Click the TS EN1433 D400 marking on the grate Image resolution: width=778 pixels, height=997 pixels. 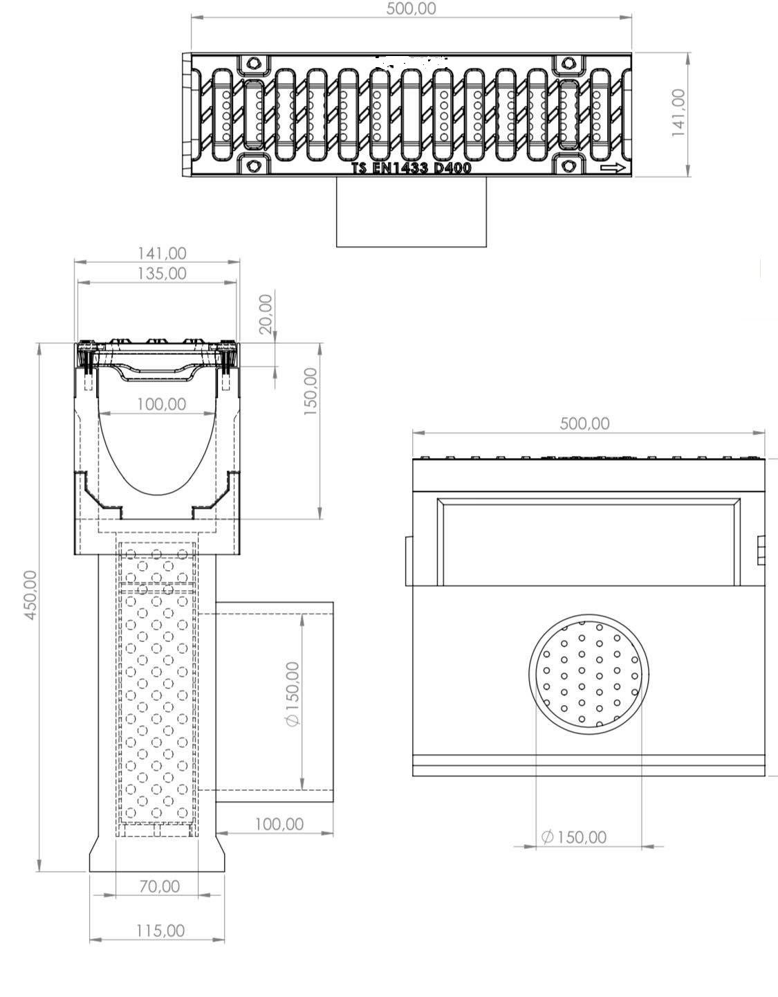click(x=411, y=168)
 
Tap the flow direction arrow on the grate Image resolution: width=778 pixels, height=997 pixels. click(x=613, y=168)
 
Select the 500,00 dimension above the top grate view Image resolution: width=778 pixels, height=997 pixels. click(x=411, y=9)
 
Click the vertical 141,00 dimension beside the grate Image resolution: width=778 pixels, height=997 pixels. click(x=678, y=112)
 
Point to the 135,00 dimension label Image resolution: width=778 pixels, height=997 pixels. click(x=160, y=273)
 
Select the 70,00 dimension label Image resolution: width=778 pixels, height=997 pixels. click(x=160, y=886)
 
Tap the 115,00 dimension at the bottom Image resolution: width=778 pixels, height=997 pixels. click(x=160, y=931)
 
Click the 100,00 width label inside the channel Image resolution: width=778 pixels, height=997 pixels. click(x=161, y=403)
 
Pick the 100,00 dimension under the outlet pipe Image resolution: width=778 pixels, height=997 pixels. click(x=279, y=824)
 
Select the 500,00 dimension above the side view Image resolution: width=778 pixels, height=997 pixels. click(x=584, y=423)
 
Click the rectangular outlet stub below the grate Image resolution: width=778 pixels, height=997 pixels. click(x=411, y=212)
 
